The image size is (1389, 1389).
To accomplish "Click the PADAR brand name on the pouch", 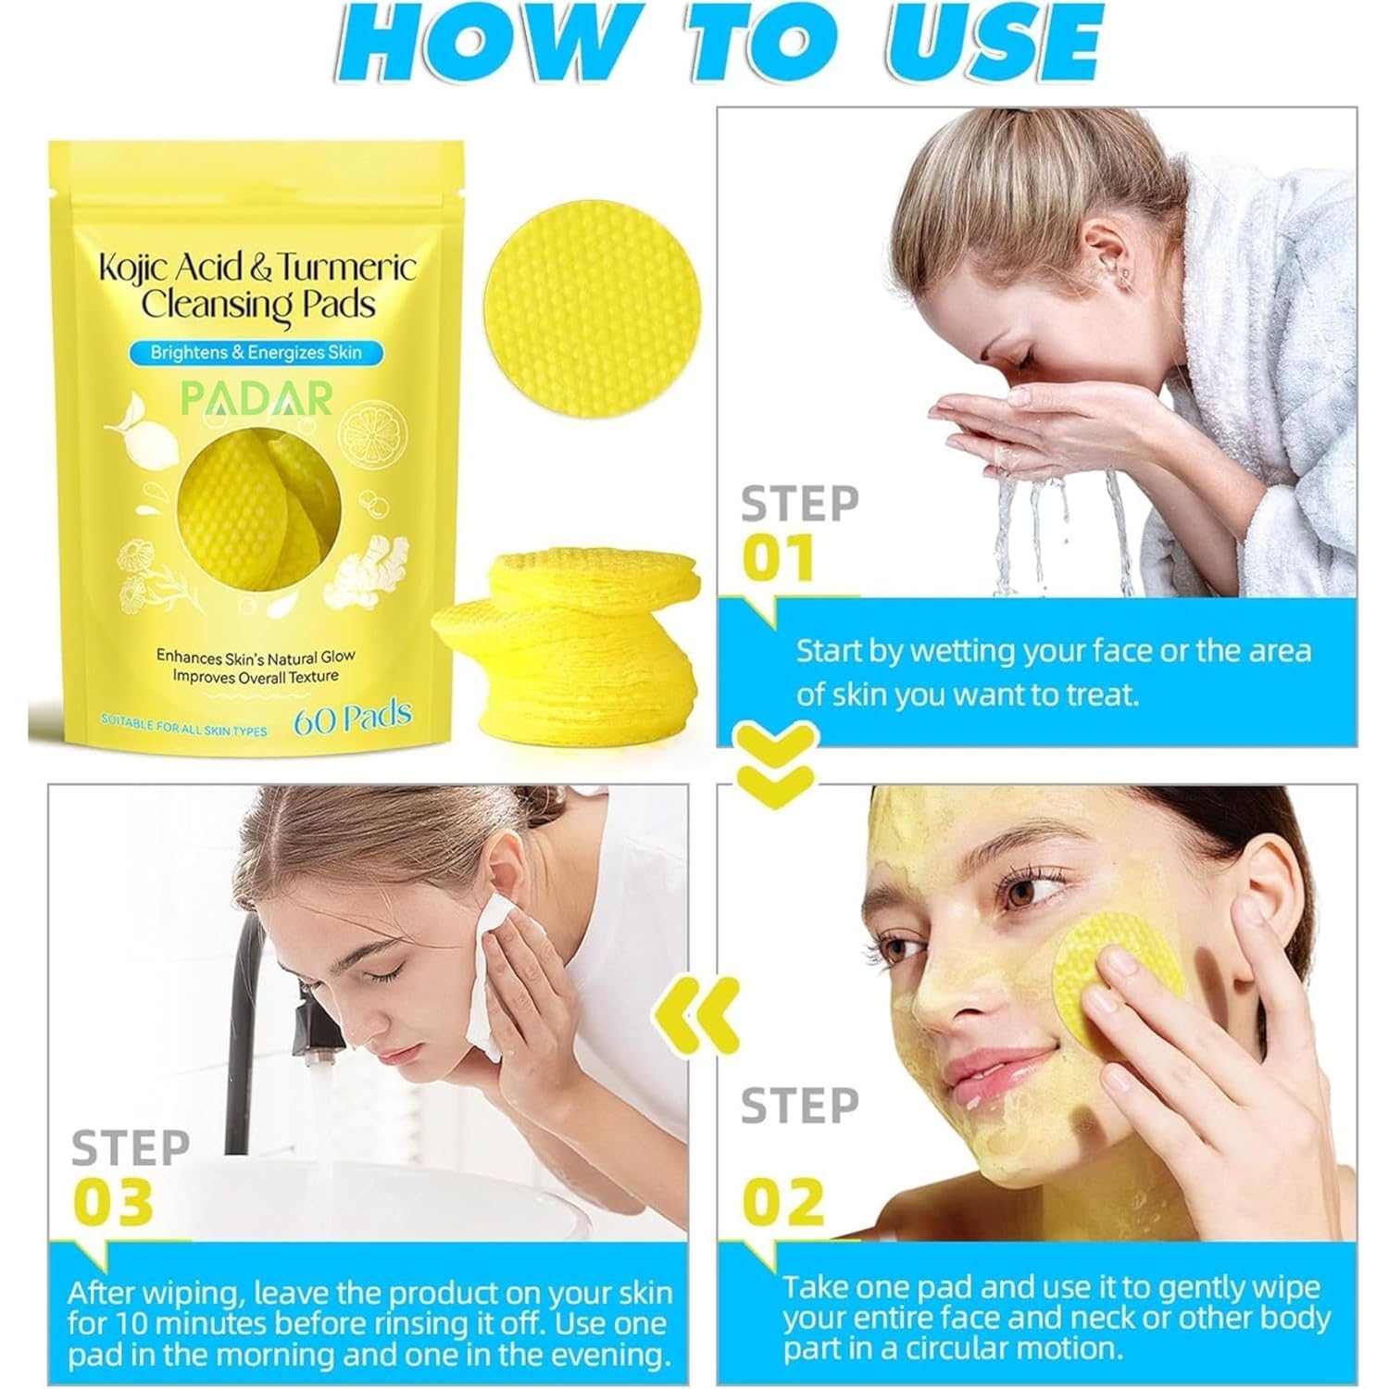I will [x=256, y=398].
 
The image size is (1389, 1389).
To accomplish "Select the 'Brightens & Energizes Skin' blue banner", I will [x=256, y=352].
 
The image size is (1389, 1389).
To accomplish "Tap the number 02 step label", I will [x=782, y=1201].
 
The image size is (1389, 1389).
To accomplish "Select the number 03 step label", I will [x=113, y=1201].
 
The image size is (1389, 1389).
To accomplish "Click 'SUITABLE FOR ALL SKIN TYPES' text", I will [x=183, y=729].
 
